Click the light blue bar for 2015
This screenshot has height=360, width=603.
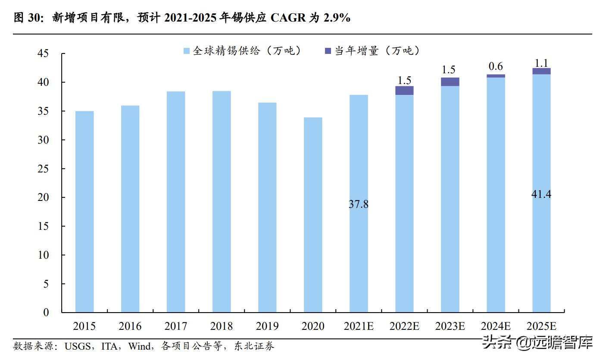tap(84, 211)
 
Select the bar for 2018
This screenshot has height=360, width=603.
tap(222, 201)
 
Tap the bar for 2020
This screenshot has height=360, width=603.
tap(313, 215)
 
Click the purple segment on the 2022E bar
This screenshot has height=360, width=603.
tap(404, 90)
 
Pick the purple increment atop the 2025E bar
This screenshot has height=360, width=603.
tap(541, 71)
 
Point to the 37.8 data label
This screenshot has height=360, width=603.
tap(359, 204)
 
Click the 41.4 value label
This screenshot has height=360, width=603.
tap(541, 194)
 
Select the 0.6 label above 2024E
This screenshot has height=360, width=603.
tap(496, 66)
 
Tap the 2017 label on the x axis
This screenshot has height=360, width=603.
tap(176, 326)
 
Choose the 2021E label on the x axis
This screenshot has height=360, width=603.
tap(359, 326)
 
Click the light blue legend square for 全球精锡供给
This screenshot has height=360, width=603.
tap(187, 51)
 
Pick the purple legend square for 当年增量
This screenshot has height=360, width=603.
tap(328, 51)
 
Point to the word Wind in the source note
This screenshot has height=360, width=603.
tap(140, 346)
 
